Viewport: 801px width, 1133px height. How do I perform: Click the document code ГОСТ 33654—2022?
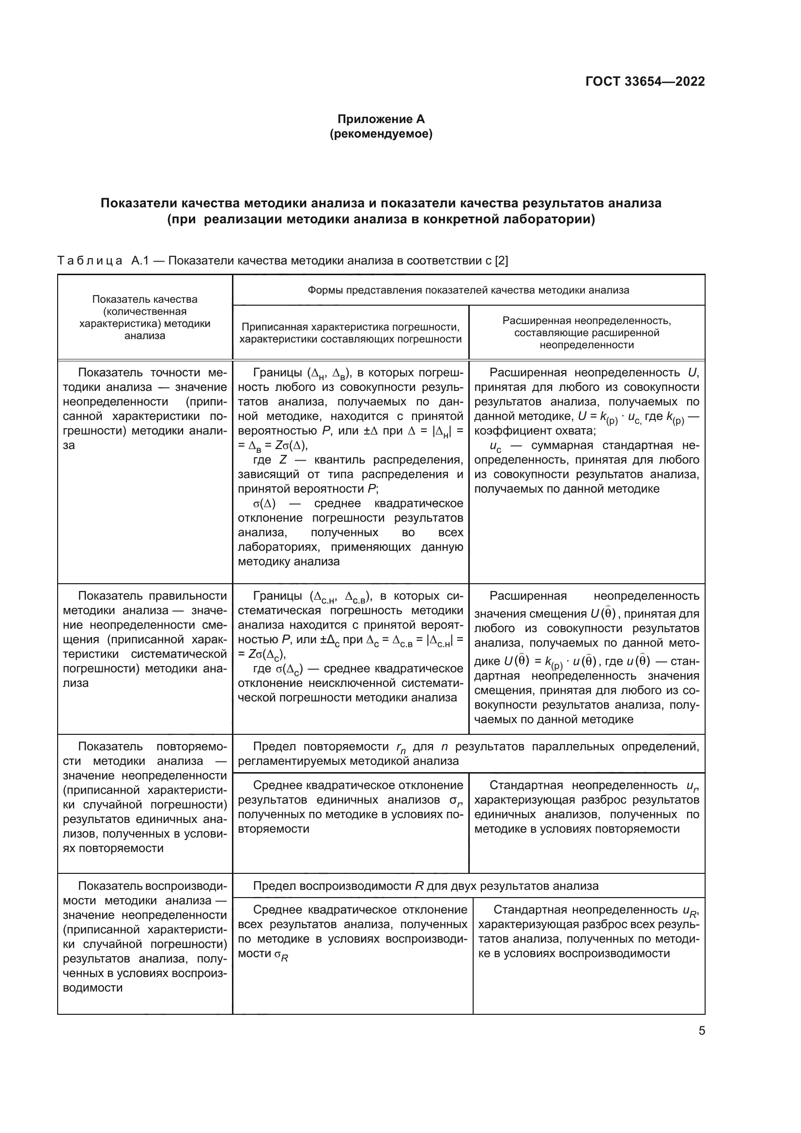click(x=645, y=81)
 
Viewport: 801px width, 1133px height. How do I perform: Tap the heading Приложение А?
click(x=381, y=119)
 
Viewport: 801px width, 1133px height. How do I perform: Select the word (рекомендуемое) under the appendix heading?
click(x=381, y=134)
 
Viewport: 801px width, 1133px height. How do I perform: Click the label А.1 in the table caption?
click(x=140, y=261)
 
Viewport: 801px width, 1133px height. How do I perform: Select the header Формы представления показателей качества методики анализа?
click(x=468, y=290)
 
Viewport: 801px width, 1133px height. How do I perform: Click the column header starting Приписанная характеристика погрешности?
click(x=350, y=333)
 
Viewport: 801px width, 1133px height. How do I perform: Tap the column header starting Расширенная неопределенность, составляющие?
click(x=586, y=333)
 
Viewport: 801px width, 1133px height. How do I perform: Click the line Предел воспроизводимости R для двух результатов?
click(x=425, y=886)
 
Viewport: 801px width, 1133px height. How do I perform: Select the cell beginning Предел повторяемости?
click(x=468, y=754)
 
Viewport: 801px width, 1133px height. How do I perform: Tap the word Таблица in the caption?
click(x=90, y=261)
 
